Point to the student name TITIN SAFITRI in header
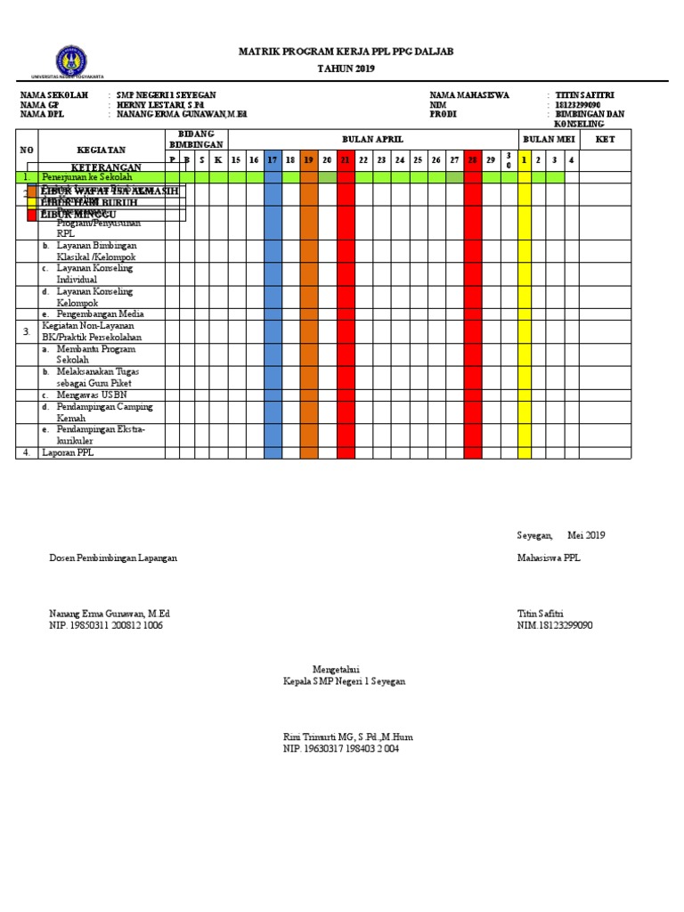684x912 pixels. click(584, 95)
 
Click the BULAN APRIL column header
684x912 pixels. click(372, 140)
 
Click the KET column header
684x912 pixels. click(606, 140)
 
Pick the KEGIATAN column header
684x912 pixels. click(101, 150)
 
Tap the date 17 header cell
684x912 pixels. click(273, 159)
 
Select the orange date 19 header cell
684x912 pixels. click(309, 159)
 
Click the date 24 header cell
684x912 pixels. click(400, 159)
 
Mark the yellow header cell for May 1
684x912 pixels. click(525, 159)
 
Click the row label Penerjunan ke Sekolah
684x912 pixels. click(86, 177)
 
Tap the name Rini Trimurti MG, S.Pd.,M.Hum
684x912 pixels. click(347, 737)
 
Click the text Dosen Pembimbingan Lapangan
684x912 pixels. click(113, 558)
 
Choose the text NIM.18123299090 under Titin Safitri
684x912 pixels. click(555, 625)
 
